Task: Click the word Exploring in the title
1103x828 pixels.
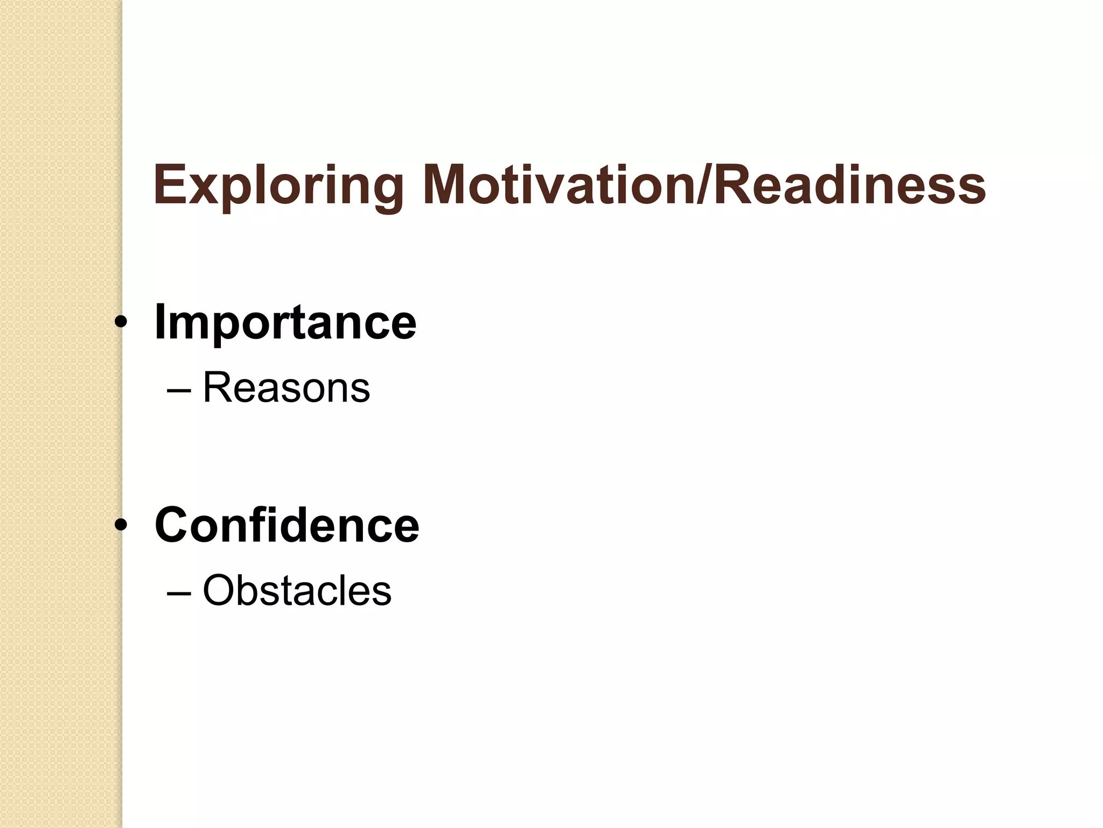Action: click(x=278, y=185)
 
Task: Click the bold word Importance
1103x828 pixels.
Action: click(x=285, y=322)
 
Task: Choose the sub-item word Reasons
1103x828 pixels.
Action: click(x=286, y=388)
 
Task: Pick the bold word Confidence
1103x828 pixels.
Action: click(x=287, y=525)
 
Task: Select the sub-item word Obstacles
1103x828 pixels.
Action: click(x=297, y=591)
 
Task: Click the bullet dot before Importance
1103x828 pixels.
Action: click(x=121, y=322)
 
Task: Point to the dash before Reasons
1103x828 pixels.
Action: click(x=179, y=390)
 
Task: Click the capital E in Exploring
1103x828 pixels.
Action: click(x=170, y=185)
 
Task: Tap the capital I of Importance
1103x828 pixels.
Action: click(x=160, y=322)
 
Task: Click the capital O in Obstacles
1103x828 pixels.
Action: click(x=219, y=591)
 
